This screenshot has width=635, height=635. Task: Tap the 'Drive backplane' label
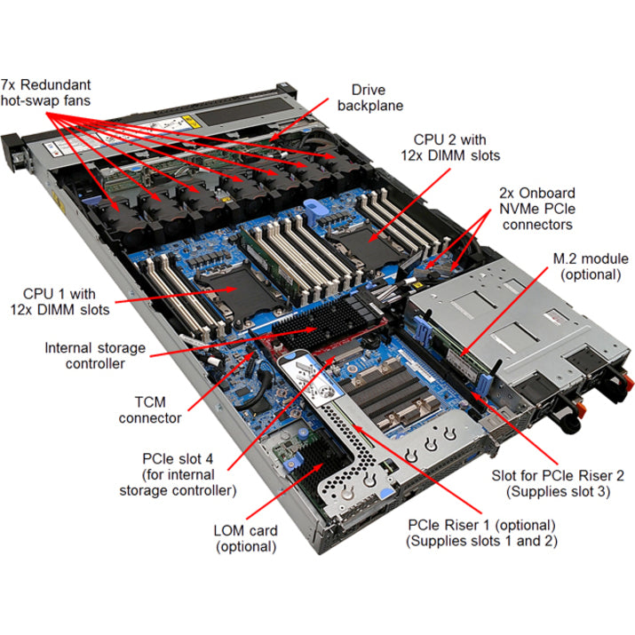click(377, 98)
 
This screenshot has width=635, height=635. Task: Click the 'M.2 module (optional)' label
click(586, 266)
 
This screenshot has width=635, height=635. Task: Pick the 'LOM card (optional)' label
click(246, 538)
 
